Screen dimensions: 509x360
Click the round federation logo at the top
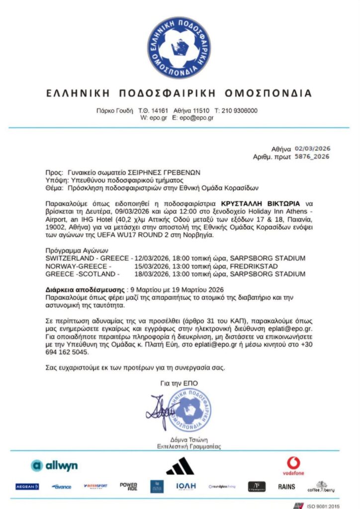click(180, 47)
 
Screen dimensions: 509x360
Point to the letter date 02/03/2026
click(312, 149)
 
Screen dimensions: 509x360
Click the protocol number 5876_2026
click(312, 157)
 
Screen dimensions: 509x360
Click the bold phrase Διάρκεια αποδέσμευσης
click(85, 290)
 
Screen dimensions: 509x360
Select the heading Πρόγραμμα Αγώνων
click(76, 251)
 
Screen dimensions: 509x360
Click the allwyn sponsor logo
click(54, 466)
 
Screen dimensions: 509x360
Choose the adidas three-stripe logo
click(180, 466)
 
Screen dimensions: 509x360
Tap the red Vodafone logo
click(293, 466)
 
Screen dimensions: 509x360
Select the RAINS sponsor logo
click(286, 487)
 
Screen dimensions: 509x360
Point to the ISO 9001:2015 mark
click(321, 506)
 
